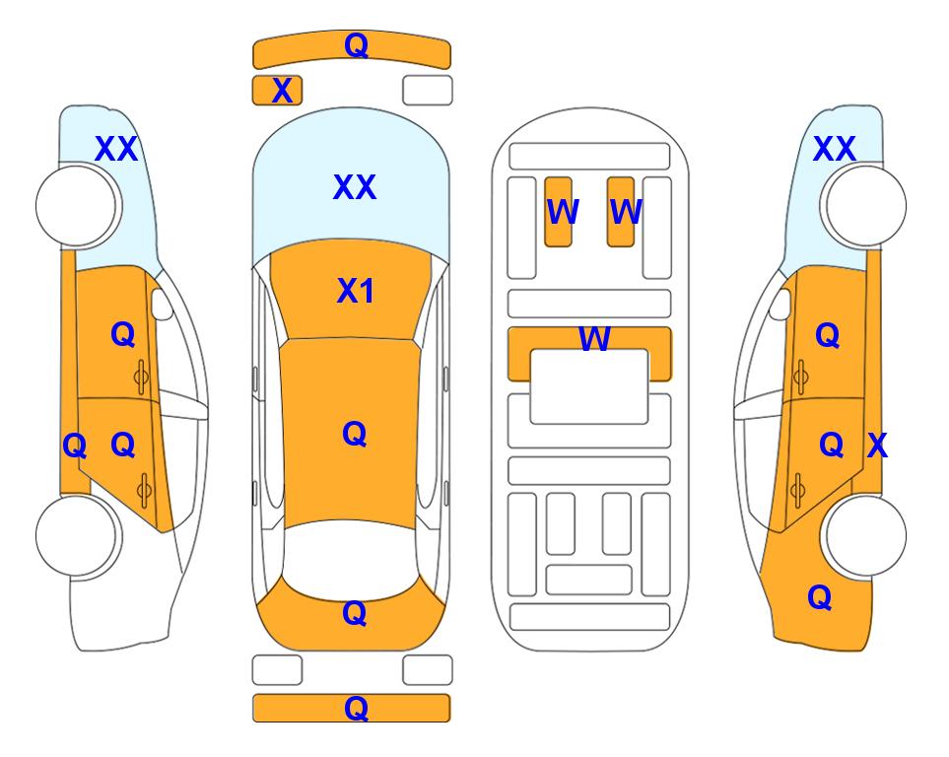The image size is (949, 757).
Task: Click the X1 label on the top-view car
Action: [356, 291]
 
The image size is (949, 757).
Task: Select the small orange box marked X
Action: [277, 91]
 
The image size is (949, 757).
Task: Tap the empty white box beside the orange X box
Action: [428, 91]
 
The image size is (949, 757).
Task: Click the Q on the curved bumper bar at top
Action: [356, 45]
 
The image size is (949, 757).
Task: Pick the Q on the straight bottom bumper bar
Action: [356, 708]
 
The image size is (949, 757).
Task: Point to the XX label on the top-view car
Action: [355, 187]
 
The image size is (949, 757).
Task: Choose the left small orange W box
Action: [558, 212]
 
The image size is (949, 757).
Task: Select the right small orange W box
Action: [621, 212]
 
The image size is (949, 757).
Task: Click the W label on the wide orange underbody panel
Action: [594, 338]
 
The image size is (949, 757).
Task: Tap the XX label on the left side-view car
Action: [117, 149]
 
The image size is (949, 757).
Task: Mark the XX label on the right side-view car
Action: [834, 149]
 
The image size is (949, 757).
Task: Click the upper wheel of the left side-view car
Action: [78, 206]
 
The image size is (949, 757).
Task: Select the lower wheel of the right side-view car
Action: [863, 535]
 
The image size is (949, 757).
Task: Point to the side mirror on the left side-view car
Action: [162, 304]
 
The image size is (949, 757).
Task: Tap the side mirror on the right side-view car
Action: [780, 304]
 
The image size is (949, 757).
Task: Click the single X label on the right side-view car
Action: [877, 446]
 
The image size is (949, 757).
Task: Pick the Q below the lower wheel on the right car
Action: [820, 597]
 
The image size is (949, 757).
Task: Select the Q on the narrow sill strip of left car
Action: [75, 447]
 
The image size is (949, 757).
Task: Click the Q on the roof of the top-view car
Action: [354, 435]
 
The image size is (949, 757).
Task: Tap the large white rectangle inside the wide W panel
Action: [589, 386]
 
